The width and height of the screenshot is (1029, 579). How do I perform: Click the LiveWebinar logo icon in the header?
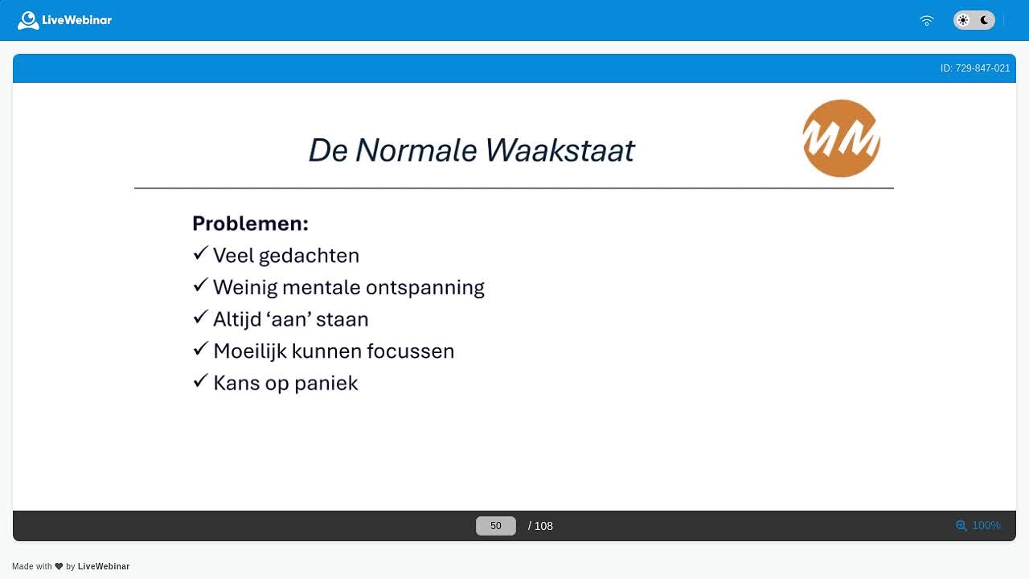pyautogui.click(x=28, y=20)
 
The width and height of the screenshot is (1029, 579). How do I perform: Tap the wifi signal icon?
pyautogui.click(x=927, y=21)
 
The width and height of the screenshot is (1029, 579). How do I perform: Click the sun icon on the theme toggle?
pyautogui.click(x=963, y=20)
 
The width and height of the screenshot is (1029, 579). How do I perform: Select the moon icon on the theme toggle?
pyautogui.click(x=985, y=20)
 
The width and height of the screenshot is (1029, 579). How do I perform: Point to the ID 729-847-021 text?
pyautogui.click(x=975, y=68)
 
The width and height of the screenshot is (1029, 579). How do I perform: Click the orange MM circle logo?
pyautogui.click(x=841, y=138)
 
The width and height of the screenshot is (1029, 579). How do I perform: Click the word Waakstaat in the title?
pyautogui.click(x=560, y=150)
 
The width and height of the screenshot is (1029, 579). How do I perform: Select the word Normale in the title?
pyautogui.click(x=416, y=150)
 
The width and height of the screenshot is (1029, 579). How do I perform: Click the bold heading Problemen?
pyautogui.click(x=250, y=224)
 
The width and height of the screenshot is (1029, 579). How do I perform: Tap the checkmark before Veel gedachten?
pyautogui.click(x=201, y=253)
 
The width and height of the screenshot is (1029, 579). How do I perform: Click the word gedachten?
pyautogui.click(x=310, y=256)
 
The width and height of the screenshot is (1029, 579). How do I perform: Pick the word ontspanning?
pyautogui.click(x=425, y=288)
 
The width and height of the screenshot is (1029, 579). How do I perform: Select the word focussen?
pyautogui.click(x=411, y=351)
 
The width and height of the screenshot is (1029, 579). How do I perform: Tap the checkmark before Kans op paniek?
pyautogui.click(x=201, y=380)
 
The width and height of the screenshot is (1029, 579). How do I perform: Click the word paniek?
pyautogui.click(x=326, y=384)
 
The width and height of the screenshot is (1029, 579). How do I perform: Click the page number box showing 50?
pyautogui.click(x=496, y=526)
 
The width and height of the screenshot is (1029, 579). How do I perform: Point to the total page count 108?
pyautogui.click(x=544, y=526)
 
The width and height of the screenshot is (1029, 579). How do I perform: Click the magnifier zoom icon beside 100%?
pyautogui.click(x=961, y=526)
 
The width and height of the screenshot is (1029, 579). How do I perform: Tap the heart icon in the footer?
pyautogui.click(x=59, y=566)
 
